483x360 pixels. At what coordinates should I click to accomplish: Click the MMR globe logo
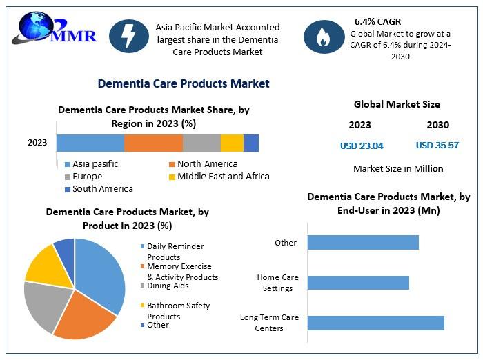(x=54, y=28)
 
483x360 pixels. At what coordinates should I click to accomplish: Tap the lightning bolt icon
(x=129, y=36)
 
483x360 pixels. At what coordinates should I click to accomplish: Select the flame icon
(x=324, y=37)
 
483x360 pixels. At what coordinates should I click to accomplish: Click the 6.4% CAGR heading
(x=377, y=22)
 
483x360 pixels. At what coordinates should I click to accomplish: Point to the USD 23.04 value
(x=362, y=146)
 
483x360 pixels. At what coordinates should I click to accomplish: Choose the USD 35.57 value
(x=437, y=145)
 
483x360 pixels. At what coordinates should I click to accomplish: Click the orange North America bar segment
(x=153, y=143)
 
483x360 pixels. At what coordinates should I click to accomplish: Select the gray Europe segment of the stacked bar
(x=201, y=143)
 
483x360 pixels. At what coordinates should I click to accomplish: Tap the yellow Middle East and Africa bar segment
(x=233, y=143)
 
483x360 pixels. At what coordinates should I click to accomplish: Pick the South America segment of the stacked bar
(x=251, y=143)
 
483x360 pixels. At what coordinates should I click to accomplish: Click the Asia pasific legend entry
(x=92, y=164)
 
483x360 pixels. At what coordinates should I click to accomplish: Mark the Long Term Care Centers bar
(x=376, y=323)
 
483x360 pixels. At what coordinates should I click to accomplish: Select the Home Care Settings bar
(x=358, y=283)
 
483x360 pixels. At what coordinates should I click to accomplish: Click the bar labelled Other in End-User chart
(x=363, y=242)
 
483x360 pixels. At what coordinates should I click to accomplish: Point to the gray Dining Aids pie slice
(x=46, y=305)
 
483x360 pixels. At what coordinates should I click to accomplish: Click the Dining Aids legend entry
(x=164, y=286)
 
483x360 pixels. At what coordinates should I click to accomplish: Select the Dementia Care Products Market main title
(x=184, y=83)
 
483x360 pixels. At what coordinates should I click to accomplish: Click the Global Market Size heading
(x=397, y=104)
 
